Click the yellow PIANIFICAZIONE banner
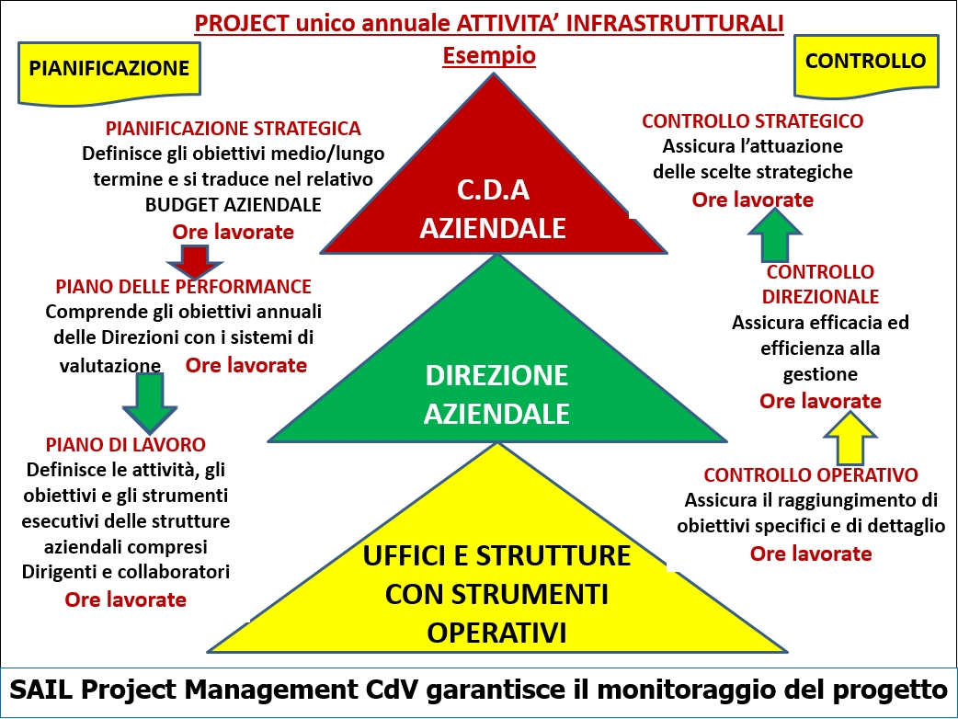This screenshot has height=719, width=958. [109, 72]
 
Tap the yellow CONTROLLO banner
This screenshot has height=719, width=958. [866, 63]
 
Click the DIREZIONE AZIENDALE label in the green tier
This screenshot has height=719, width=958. [496, 394]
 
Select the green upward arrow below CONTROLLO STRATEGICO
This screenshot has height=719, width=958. [775, 235]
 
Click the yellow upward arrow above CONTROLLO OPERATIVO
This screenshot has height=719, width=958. [850, 438]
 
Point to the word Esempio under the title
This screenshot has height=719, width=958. [489, 55]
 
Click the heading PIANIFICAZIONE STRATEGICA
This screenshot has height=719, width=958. [234, 129]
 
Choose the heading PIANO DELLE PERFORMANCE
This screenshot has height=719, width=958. [183, 287]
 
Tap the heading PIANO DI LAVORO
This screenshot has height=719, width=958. [126, 445]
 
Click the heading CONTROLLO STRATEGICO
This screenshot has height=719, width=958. [753, 121]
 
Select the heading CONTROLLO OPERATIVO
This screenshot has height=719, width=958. [811, 474]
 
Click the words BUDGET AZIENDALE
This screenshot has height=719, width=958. [234, 205]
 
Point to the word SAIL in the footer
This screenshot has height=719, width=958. [41, 690]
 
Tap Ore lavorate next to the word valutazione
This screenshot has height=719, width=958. [246, 365]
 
